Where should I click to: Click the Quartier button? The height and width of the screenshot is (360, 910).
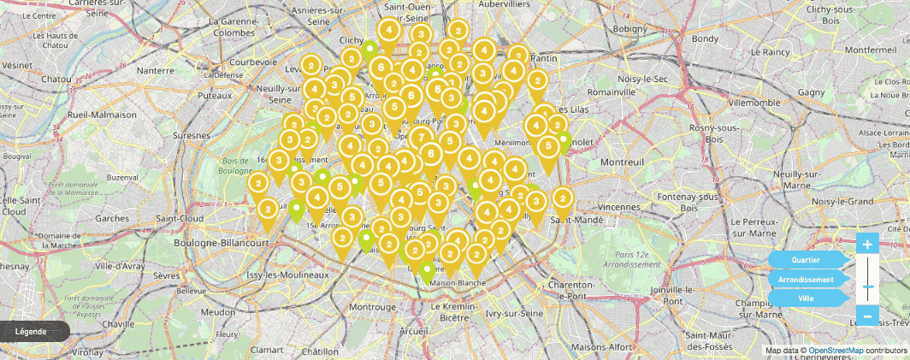pyautogui.click(x=806, y=260)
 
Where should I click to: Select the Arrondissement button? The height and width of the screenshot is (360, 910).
pyautogui.click(x=806, y=280)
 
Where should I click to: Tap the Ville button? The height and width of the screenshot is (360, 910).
pyautogui.click(x=806, y=298)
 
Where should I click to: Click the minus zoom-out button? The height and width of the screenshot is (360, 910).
pyautogui.click(x=867, y=317)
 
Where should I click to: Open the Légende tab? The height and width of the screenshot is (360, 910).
pyautogui.click(x=32, y=331)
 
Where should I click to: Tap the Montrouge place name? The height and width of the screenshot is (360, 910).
pyautogui.click(x=372, y=306)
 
